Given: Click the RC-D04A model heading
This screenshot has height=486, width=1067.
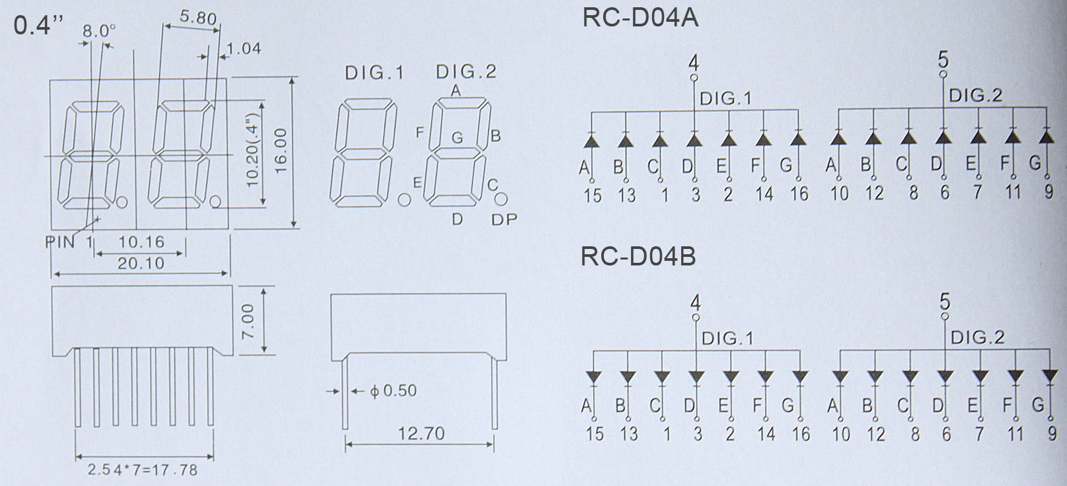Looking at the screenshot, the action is [x=640, y=17].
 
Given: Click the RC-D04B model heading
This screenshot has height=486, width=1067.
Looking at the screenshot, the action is [x=638, y=256].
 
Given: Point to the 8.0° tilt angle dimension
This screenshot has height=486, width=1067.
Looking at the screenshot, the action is [x=99, y=31].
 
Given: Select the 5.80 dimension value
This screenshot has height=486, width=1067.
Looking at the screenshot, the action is [x=198, y=18].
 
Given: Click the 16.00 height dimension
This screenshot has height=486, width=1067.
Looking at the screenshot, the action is [x=281, y=151].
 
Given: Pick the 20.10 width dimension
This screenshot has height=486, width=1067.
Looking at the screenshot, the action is [x=141, y=263].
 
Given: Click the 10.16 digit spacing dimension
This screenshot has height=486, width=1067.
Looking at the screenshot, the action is [x=141, y=242].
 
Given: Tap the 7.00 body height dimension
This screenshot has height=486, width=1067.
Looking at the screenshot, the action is [x=248, y=322].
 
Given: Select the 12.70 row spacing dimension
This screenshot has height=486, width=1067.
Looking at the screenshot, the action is [x=421, y=433].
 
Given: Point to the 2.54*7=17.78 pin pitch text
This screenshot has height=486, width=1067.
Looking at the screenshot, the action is [x=143, y=469].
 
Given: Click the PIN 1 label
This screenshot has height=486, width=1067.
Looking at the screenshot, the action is [x=69, y=242].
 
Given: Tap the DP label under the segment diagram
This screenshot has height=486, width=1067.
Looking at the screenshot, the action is [x=504, y=220].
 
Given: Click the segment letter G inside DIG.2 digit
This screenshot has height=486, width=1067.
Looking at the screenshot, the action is [x=457, y=138].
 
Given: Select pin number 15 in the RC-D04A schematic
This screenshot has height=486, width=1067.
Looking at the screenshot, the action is [x=593, y=195].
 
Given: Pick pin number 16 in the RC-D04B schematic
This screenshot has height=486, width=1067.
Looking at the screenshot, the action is [x=801, y=434].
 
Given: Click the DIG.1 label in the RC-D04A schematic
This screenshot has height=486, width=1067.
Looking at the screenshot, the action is [x=726, y=98].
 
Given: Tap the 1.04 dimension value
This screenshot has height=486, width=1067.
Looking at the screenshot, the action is [x=243, y=48].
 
